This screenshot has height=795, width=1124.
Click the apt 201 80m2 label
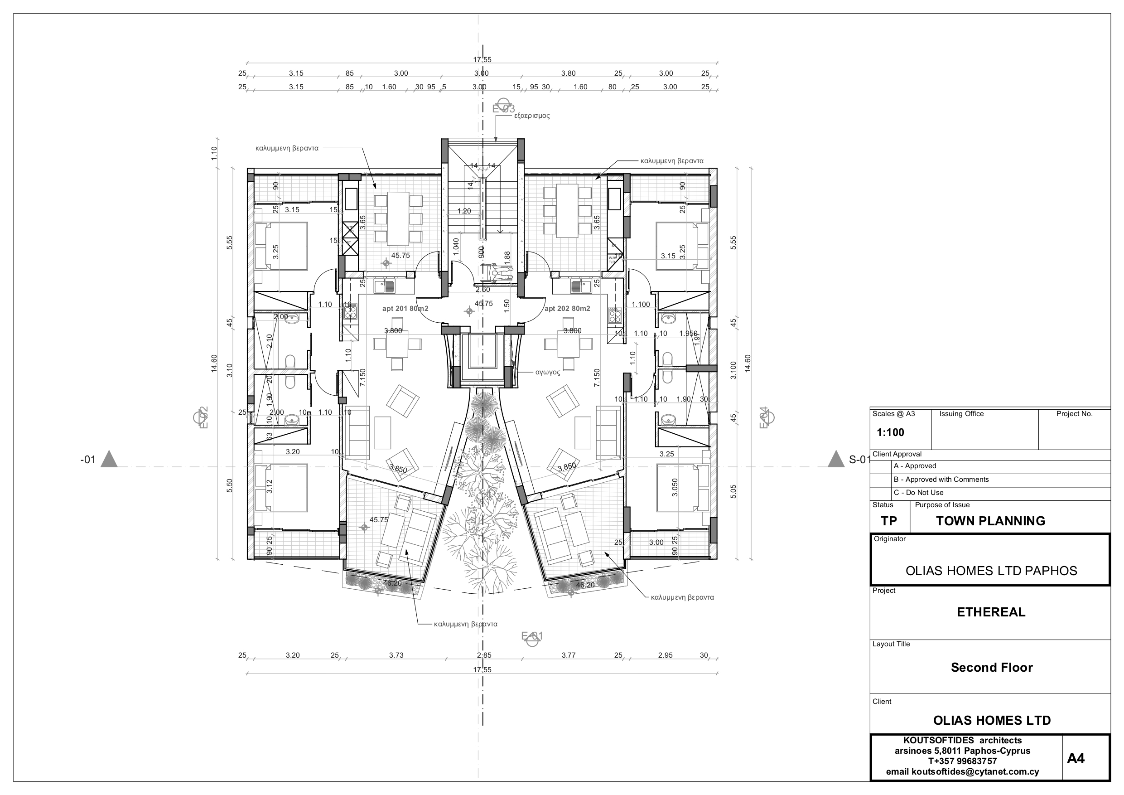[x=405, y=309]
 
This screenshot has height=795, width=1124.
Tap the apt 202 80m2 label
[x=567, y=309]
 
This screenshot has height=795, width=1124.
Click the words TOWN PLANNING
[x=990, y=521]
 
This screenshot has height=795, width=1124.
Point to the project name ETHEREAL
[x=991, y=612]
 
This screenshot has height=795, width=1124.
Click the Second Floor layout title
[x=991, y=668]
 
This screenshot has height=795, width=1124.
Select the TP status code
[x=888, y=521]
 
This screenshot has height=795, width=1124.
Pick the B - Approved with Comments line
[x=941, y=480]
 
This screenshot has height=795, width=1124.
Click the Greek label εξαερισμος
[x=532, y=116]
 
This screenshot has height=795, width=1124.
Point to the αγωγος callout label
[x=547, y=372]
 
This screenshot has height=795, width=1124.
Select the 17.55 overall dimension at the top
[x=482, y=60]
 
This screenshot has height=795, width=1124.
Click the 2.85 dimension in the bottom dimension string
[x=484, y=655]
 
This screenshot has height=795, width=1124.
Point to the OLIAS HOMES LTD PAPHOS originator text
[x=991, y=571]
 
